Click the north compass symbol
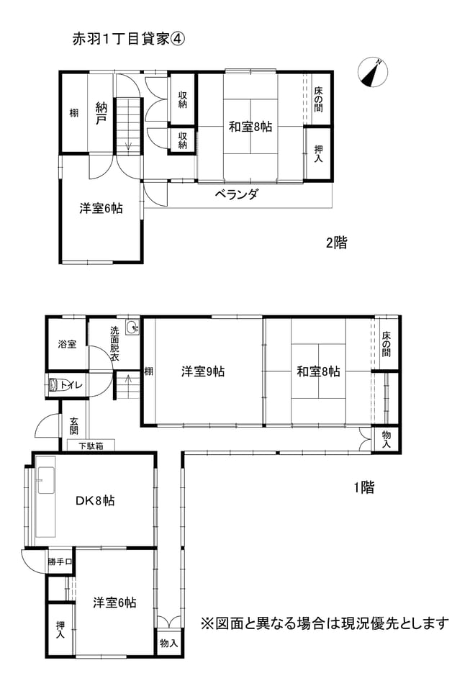pyautogui.click(x=373, y=72)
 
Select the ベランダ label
pyautogui.click(x=236, y=194)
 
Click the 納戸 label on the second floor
pyautogui.click(x=101, y=113)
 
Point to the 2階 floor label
pyautogui.click(x=337, y=243)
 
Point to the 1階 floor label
pyautogui.click(x=364, y=487)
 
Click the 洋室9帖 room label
pyautogui.click(x=203, y=371)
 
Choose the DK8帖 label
pyautogui.click(x=95, y=501)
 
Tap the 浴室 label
pyautogui.click(x=67, y=344)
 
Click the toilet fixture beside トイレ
pyautogui.click(x=54, y=384)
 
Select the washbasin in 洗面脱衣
pyautogui.click(x=132, y=328)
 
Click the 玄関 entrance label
pyautogui.click(x=73, y=425)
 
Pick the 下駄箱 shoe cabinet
pyautogui.click(x=91, y=446)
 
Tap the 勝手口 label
pyautogui.click(x=60, y=562)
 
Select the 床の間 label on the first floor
pyautogui.click(x=387, y=344)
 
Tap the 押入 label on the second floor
pyautogui.click(x=318, y=153)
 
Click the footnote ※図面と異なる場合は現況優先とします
pyautogui.click(x=325, y=623)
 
